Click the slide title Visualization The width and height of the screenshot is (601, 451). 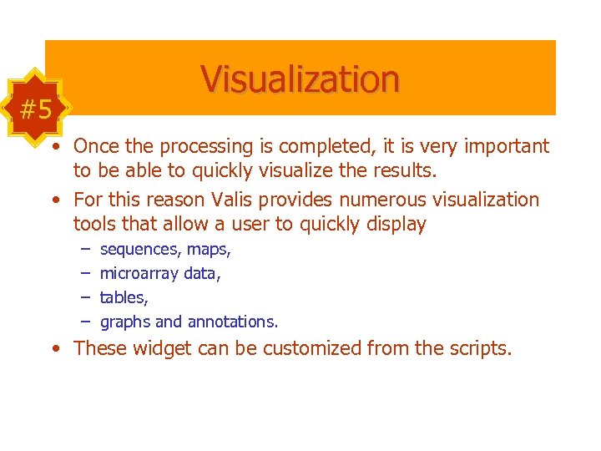point(300,79)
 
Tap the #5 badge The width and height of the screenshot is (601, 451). point(36,109)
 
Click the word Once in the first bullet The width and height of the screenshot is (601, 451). point(95,146)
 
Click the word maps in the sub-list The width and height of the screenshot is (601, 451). point(209,250)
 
